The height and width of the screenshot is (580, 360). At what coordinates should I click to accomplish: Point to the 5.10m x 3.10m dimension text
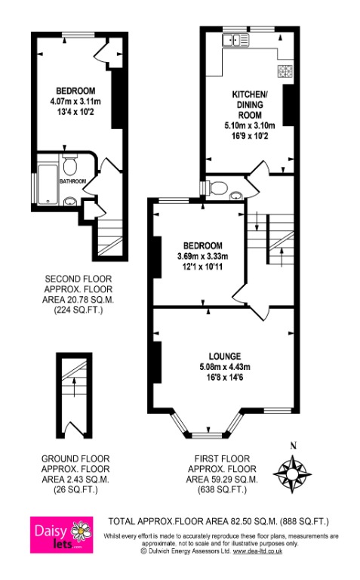[250, 125]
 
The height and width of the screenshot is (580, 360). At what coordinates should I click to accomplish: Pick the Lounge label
[226, 356]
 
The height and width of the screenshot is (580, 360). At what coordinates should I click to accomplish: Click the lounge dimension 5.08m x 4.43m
[226, 368]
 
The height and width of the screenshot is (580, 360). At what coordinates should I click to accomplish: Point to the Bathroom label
[73, 181]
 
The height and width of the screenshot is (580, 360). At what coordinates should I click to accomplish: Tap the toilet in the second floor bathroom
[70, 163]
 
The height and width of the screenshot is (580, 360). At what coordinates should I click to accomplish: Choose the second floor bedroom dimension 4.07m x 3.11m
[75, 101]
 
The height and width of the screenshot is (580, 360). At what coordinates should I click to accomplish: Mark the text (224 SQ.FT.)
[75, 310]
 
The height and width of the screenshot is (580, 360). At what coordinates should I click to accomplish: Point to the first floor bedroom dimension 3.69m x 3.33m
[203, 256]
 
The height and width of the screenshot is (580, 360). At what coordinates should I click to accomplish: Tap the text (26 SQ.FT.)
[75, 489]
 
